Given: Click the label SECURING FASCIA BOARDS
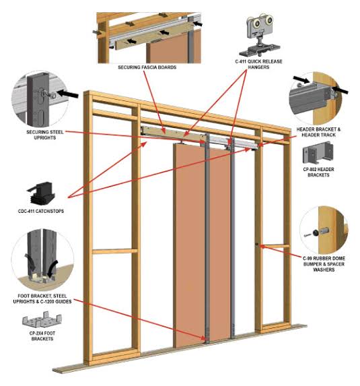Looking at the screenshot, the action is click(x=147, y=67).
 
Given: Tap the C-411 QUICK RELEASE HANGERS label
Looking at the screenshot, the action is click(x=258, y=64).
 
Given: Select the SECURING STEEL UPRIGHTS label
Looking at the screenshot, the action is click(x=45, y=135).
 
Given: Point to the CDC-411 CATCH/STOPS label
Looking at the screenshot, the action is click(x=41, y=211).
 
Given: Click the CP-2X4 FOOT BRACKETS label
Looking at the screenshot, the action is click(x=42, y=335).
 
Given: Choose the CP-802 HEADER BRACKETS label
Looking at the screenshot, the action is click(x=318, y=172).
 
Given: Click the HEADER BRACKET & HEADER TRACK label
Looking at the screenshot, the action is click(x=318, y=132).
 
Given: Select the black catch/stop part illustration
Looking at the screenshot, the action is click(x=41, y=193).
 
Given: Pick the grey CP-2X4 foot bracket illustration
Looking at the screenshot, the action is click(x=42, y=319).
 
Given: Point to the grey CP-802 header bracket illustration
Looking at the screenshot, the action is click(x=318, y=153).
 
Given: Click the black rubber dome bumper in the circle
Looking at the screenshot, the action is click(x=316, y=232).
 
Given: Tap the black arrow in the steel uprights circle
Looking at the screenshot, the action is click(x=67, y=94).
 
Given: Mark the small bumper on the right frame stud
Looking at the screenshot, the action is click(x=257, y=245).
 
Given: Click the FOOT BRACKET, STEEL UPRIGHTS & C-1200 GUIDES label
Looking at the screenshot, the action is click(x=42, y=298).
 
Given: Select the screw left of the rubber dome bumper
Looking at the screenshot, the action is click(x=308, y=235).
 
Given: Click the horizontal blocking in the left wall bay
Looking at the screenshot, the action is click(x=115, y=251).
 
